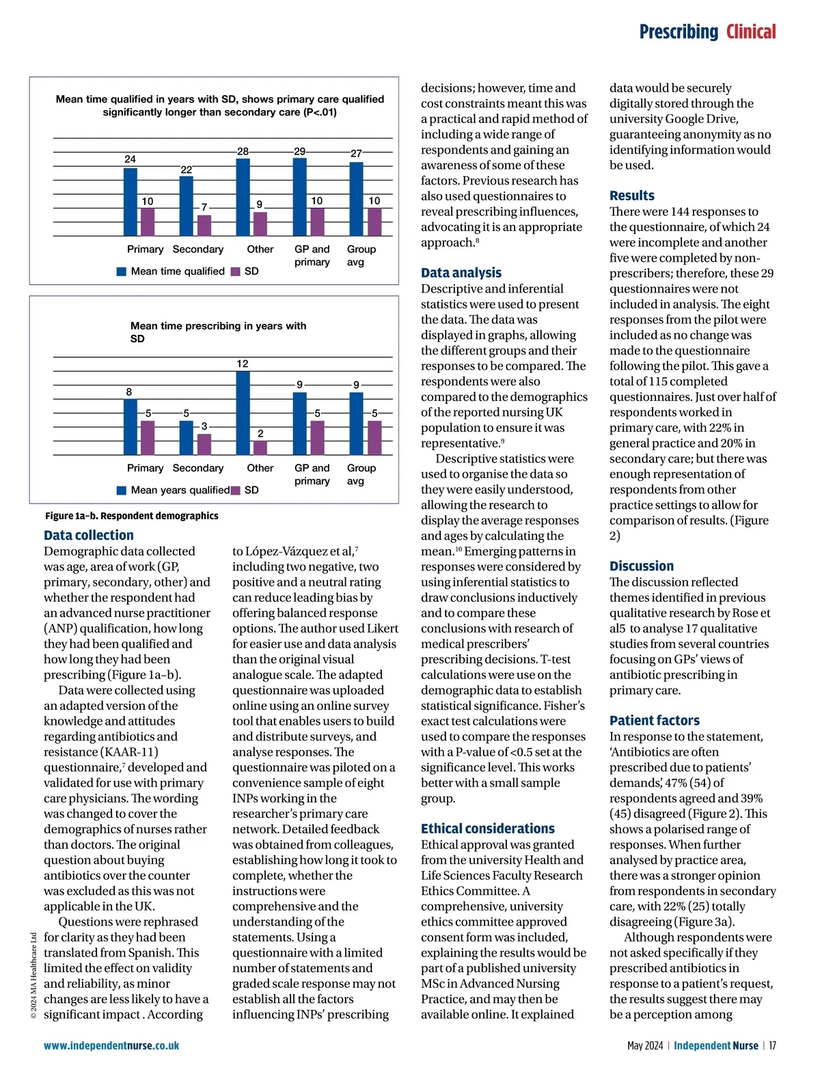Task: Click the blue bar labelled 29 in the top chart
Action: coord(299,197)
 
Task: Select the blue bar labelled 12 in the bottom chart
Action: coord(243,413)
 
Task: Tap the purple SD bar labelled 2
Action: coord(260,447)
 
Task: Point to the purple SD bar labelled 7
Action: coord(204,225)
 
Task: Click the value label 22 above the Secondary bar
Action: coord(186,169)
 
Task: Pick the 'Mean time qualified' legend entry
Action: coord(171,271)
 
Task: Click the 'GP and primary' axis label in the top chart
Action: coord(312,256)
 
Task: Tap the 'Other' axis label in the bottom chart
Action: coord(260,468)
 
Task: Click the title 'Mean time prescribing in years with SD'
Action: coord(218,332)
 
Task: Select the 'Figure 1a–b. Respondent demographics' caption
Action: coord(132,516)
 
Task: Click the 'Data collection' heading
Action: coord(89,535)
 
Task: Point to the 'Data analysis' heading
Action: coord(461,273)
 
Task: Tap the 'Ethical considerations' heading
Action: coord(488,829)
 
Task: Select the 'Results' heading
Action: coord(631,195)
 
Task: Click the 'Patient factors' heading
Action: coord(655,720)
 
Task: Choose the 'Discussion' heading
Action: coord(642,566)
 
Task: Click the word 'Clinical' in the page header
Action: coord(751,31)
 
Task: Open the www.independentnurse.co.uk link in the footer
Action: coord(111,1045)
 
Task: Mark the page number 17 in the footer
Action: coord(772,1045)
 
